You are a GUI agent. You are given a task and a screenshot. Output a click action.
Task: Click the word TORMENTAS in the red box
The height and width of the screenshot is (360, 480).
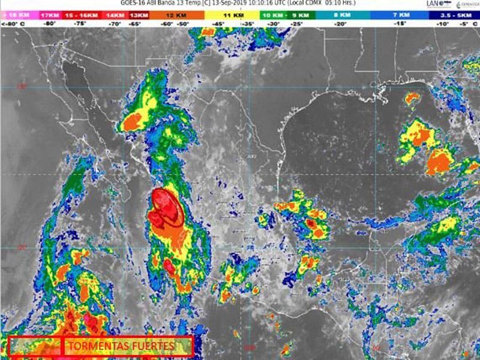pyautogui.click(x=96, y=346)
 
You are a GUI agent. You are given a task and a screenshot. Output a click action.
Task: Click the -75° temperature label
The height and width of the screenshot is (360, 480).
pyautogui.click(x=80, y=23)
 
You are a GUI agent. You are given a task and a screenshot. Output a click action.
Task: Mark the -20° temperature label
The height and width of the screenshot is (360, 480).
pyautogui.click(x=340, y=23)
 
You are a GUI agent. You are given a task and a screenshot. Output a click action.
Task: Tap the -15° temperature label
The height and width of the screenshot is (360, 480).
pyautogui.click(x=400, y=23)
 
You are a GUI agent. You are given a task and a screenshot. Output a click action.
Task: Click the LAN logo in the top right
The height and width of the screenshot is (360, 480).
pyautogui.click(x=434, y=4)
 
